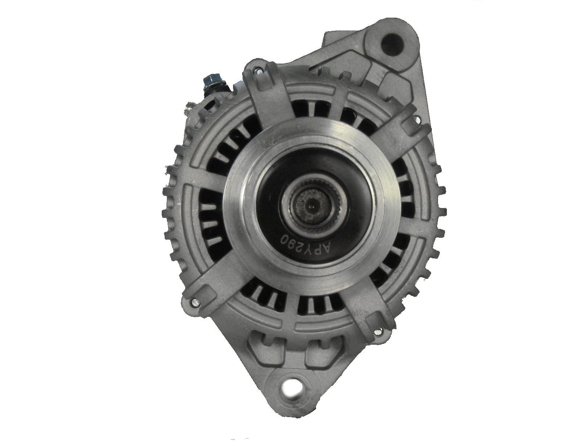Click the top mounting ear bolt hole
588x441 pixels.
(x=392, y=43)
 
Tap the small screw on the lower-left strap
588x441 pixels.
(x=194, y=302)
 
